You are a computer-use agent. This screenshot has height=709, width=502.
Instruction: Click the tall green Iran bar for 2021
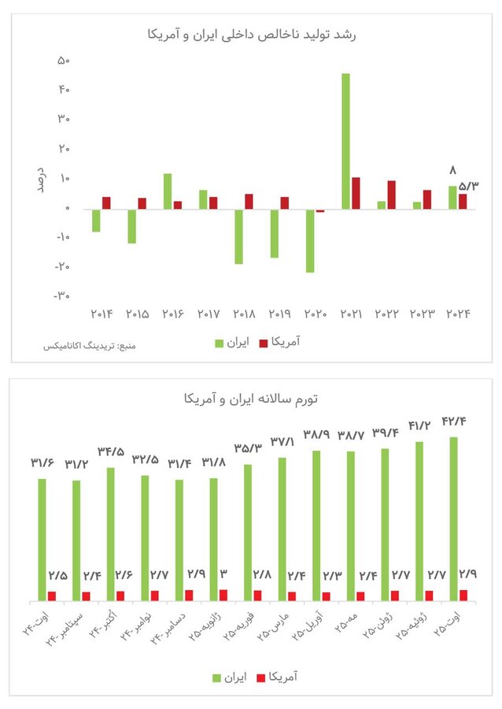coord(345,141)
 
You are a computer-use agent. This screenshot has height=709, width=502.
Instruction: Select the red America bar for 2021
coord(356,193)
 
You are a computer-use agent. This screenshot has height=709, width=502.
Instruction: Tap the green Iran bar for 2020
coord(310,240)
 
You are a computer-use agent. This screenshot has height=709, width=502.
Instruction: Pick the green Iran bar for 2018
coord(238,236)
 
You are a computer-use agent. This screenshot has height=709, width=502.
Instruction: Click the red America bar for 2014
coord(106,202)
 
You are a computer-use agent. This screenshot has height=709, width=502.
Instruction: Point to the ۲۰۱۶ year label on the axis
coord(172,314)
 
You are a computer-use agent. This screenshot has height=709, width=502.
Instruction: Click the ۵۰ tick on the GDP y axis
coord(64,61)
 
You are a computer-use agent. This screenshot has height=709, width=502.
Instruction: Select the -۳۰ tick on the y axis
coord(62,296)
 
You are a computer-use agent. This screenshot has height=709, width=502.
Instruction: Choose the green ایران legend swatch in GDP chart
coord(220,343)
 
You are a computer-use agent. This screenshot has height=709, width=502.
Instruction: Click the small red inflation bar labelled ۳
coord(223,596)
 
